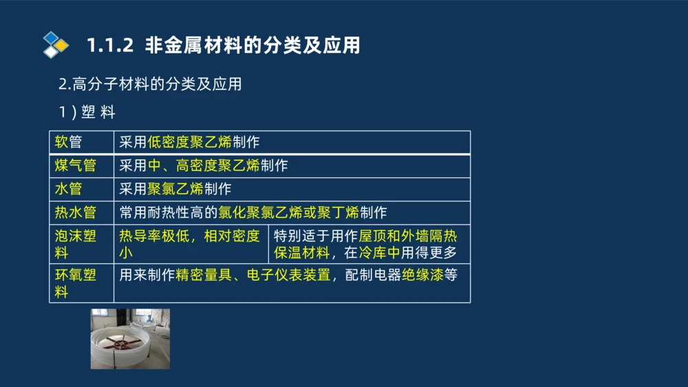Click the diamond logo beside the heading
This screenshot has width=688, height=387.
pyautogui.click(x=56, y=45)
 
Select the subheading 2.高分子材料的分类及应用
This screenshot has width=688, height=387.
pyautogui.click(x=150, y=85)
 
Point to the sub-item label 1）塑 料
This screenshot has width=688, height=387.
pyautogui.click(x=87, y=113)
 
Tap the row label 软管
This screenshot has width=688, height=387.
pyautogui.click(x=68, y=142)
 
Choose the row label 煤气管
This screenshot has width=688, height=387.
pyautogui.click(x=75, y=166)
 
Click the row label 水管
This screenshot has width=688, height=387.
pyautogui.click(x=68, y=188)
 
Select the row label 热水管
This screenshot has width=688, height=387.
pyautogui.click(x=75, y=212)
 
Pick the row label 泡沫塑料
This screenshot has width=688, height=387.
pyautogui.click(x=75, y=244)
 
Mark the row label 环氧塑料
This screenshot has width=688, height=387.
pyautogui.click(x=75, y=283)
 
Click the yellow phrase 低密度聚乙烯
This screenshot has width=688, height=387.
pyautogui.click(x=189, y=142)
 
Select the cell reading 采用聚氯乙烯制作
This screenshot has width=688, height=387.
pyautogui.click(x=175, y=188)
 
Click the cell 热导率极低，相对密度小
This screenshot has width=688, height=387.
pyautogui.click(x=189, y=244)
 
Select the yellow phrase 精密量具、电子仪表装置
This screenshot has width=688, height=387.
pyautogui.click(x=253, y=276)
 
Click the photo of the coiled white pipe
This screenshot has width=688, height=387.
pyautogui.click(x=130, y=339)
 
